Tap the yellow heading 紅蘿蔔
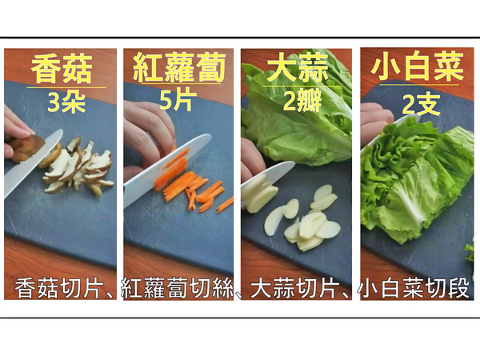[178, 69]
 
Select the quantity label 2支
[415, 102]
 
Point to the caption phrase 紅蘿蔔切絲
[178, 287]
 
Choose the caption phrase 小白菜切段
[415, 287]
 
